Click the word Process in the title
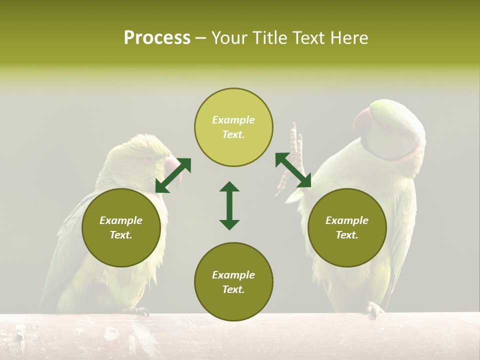(157, 38)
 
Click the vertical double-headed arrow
(229, 205)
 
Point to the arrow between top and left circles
(173, 175)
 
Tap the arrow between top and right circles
(293, 170)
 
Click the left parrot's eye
(148, 158)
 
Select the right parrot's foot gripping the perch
(374, 309)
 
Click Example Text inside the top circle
(233, 127)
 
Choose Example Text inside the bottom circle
(233, 282)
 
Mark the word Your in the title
(230, 38)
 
